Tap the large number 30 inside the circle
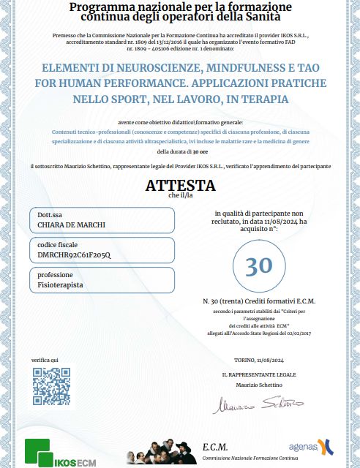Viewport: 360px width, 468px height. pyautogui.click(x=258, y=265)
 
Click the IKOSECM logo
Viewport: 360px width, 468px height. pyautogui.click(x=55, y=451)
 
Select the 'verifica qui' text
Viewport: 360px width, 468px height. pyautogui.click(x=45, y=361)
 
